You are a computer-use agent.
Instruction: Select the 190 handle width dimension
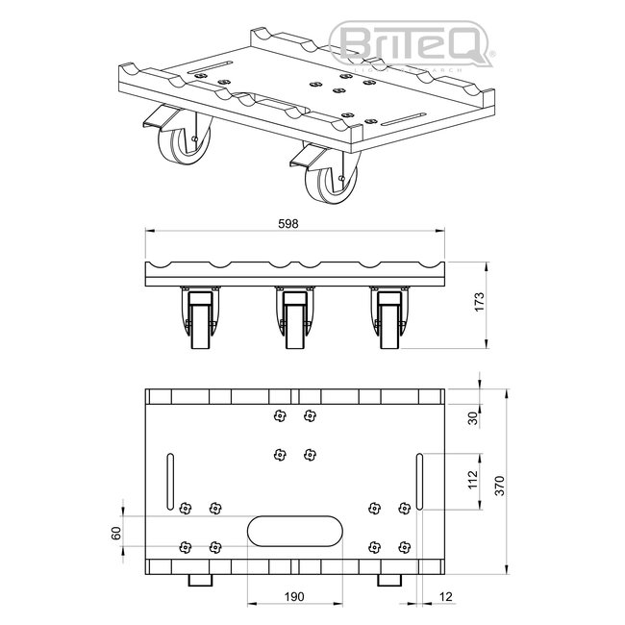(294, 597)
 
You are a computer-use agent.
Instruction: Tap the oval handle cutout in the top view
(294, 532)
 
